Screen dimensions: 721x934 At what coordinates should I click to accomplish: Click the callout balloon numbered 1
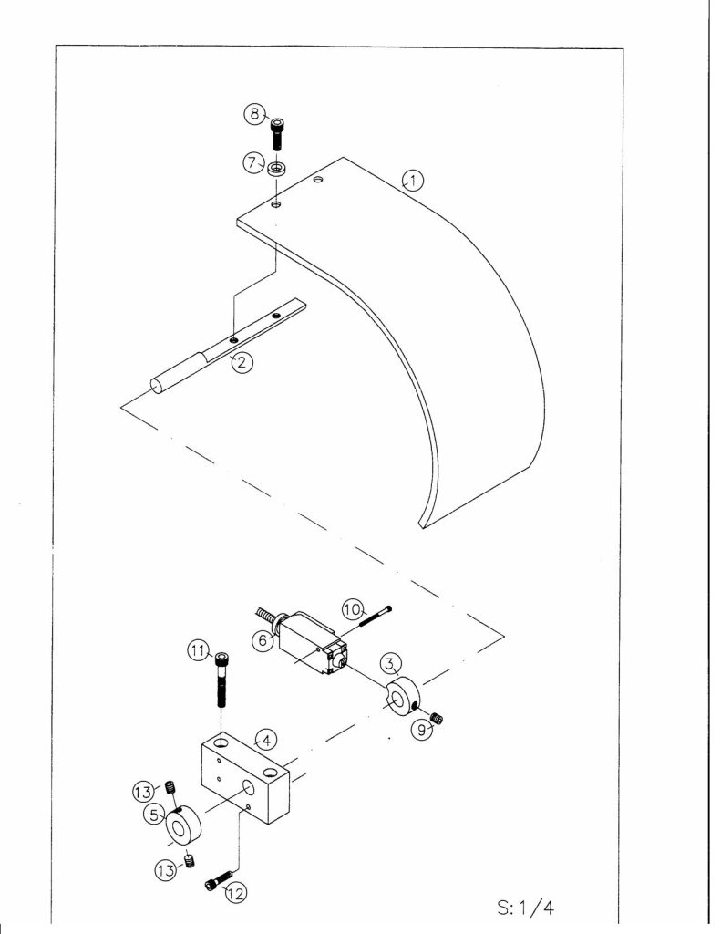(413, 180)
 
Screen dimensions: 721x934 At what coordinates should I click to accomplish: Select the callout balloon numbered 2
(242, 361)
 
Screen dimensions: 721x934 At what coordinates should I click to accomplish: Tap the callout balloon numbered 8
(255, 113)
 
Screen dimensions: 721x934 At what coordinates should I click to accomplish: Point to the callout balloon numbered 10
(353, 609)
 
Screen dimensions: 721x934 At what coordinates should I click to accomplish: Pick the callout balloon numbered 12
(236, 893)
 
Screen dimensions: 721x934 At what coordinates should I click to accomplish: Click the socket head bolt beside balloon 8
(277, 133)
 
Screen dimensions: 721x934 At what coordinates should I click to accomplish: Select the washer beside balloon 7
(277, 169)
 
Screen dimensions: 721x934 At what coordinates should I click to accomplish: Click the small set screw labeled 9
(438, 718)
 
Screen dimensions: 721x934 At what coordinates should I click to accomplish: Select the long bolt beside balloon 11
(221, 679)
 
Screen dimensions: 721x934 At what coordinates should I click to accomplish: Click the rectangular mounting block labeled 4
(245, 777)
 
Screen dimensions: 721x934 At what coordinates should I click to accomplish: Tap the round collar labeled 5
(182, 825)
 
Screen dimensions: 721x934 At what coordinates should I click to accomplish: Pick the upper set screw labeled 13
(170, 787)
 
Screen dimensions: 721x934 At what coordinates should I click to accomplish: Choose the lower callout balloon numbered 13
(166, 870)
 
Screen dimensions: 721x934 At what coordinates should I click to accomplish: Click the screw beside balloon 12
(219, 880)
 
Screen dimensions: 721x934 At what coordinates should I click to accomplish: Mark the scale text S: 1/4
(526, 908)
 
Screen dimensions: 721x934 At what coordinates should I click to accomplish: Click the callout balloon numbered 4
(265, 740)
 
